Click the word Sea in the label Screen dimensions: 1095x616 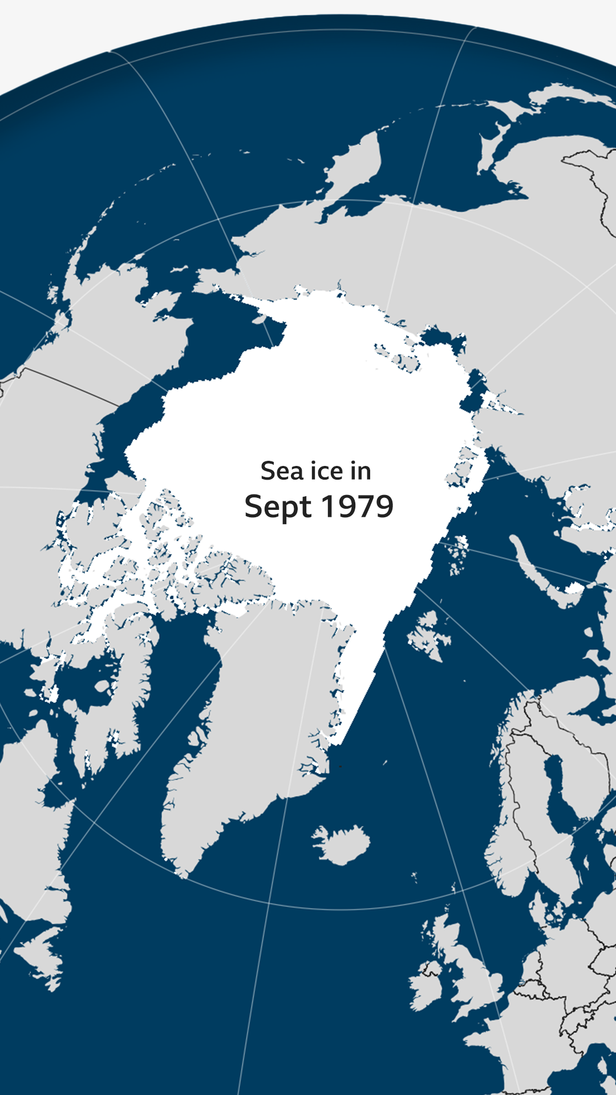click(282, 471)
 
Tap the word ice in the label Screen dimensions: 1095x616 click(327, 471)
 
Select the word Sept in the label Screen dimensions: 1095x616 click(278, 506)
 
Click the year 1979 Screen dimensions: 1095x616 click(357, 506)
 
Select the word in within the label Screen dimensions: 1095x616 click(360, 471)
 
